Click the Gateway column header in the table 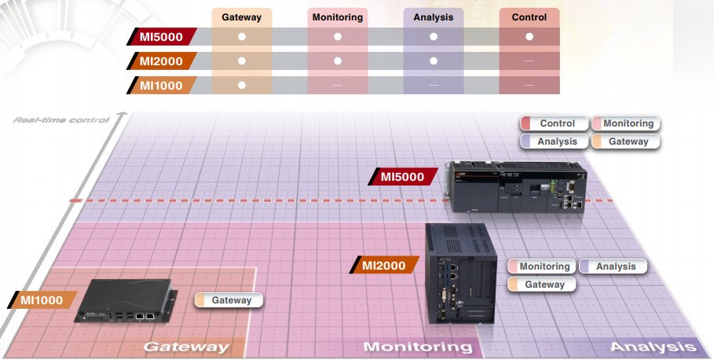(x=241, y=17)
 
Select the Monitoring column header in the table (x=338, y=17)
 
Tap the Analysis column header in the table (x=433, y=17)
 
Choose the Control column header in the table (x=529, y=17)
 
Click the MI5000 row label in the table (x=162, y=37)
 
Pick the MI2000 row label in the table (x=162, y=61)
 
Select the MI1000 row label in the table (x=162, y=85)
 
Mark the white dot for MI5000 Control (x=529, y=36)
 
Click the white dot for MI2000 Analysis (x=434, y=61)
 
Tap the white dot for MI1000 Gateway (x=242, y=85)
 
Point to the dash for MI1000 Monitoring (x=338, y=85)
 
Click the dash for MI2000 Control (x=529, y=61)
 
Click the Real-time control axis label (x=61, y=120)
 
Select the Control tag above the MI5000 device (x=555, y=123)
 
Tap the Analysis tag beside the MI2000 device (x=613, y=266)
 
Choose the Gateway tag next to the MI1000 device (x=229, y=299)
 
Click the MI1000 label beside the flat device (x=42, y=299)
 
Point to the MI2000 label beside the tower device (x=384, y=265)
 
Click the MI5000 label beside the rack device (x=402, y=176)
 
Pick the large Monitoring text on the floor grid (x=418, y=347)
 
